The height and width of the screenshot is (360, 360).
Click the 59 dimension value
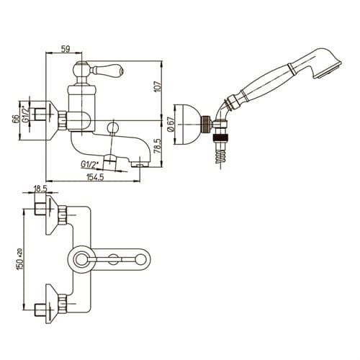pyautogui.click(x=66, y=49)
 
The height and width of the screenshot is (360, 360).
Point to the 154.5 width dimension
pyautogui.click(x=95, y=177)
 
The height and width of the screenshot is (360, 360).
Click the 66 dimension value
pyautogui.click(x=15, y=119)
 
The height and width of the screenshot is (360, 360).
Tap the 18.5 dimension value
pyautogui.click(x=40, y=189)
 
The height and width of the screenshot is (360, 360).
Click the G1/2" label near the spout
pyautogui.click(x=90, y=164)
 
